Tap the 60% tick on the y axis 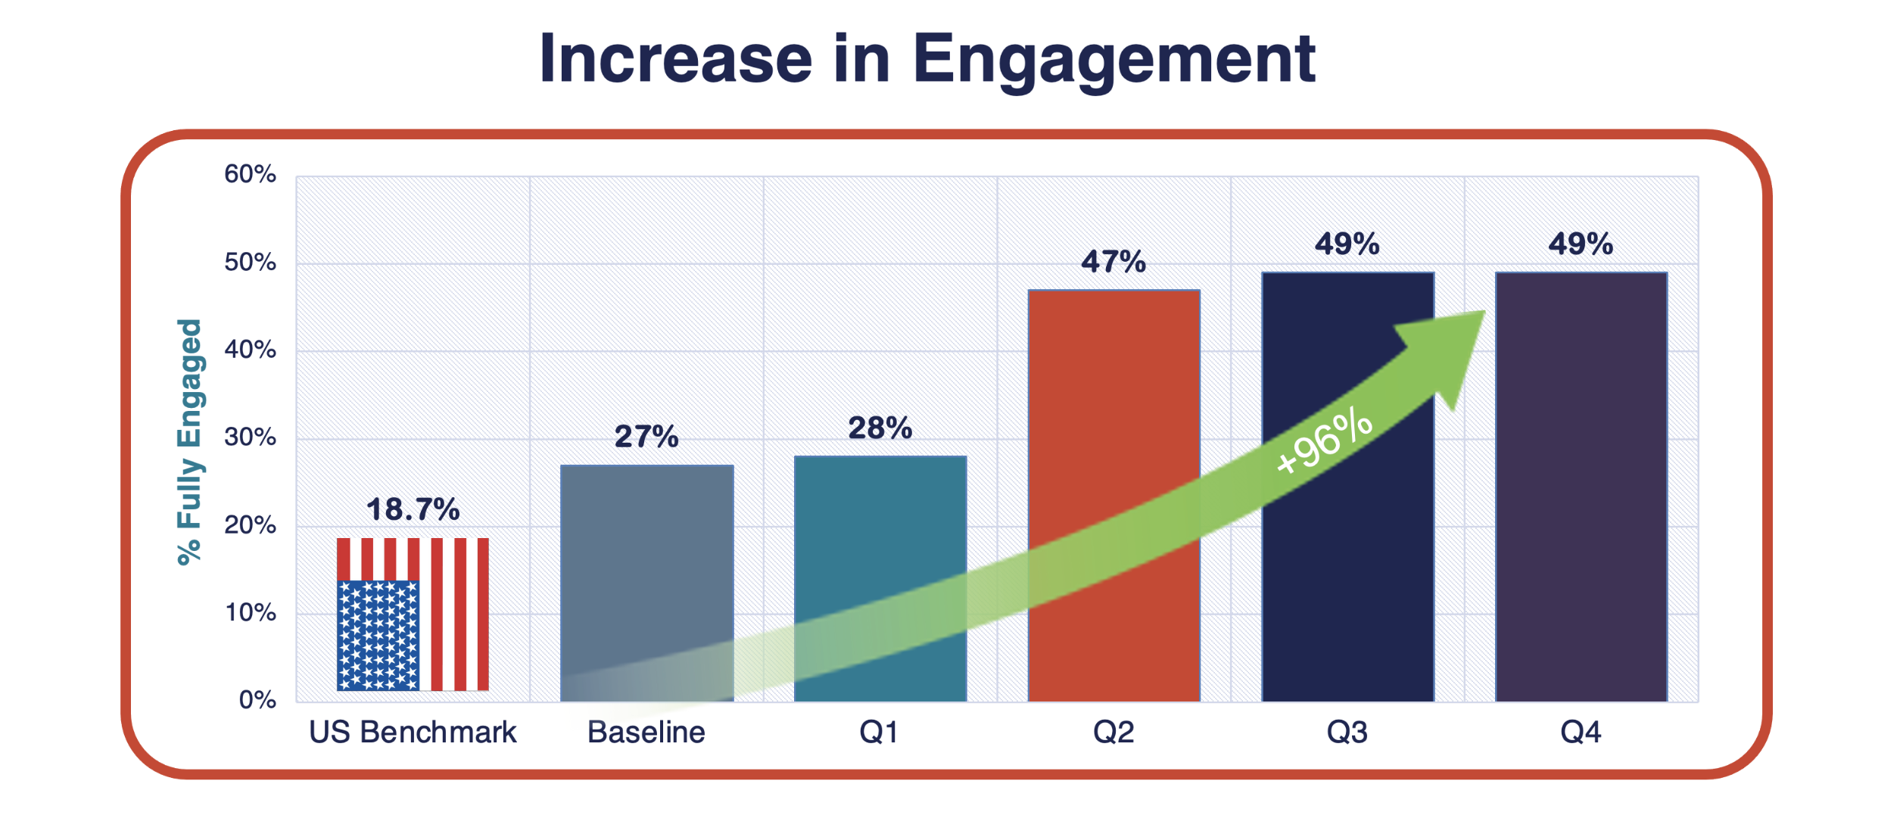tap(250, 174)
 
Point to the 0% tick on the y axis tap(257, 700)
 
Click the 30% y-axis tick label tap(250, 437)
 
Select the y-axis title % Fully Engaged tap(189, 442)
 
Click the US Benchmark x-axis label tap(413, 733)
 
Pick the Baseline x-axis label tap(646, 733)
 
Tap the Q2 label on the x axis tap(1114, 733)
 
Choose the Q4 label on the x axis tap(1581, 733)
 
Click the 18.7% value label tap(413, 509)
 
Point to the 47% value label tap(1114, 262)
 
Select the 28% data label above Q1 tap(880, 428)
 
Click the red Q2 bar tap(1114, 496)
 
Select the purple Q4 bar tap(1581, 487)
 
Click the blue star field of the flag tap(378, 636)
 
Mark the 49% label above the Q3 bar tap(1347, 244)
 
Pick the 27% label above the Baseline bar tap(646, 437)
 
